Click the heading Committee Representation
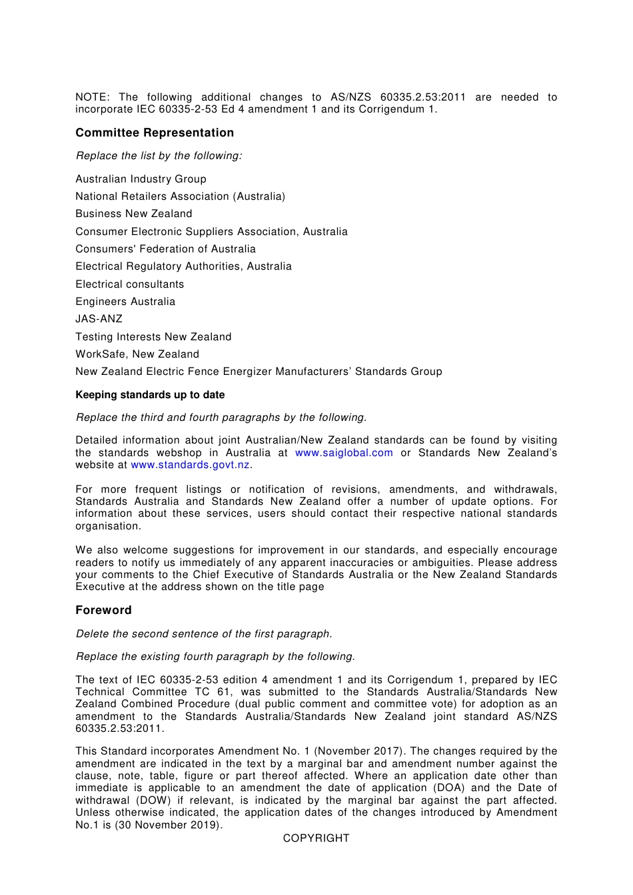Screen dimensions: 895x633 tap(155, 133)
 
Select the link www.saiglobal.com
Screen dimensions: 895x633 tap(344, 453)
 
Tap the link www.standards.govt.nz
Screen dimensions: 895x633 tap(190, 465)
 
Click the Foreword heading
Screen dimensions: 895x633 tap(103, 610)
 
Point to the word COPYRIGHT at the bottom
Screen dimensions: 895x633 tap(316, 838)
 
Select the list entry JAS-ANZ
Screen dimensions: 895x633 tap(99, 319)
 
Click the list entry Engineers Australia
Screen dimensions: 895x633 tap(125, 302)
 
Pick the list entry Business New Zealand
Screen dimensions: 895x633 tap(133, 214)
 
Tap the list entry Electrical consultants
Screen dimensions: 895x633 tap(129, 284)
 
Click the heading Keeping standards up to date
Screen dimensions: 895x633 tap(150, 395)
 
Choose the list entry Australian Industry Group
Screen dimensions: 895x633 tap(141, 179)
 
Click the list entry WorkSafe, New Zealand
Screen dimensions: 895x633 tap(137, 354)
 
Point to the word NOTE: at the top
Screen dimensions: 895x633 tap(93, 97)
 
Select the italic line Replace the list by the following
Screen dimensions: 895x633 tap(159, 156)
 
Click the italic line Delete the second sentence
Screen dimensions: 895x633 tap(204, 634)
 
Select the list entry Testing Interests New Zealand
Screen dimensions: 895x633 tap(153, 337)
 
